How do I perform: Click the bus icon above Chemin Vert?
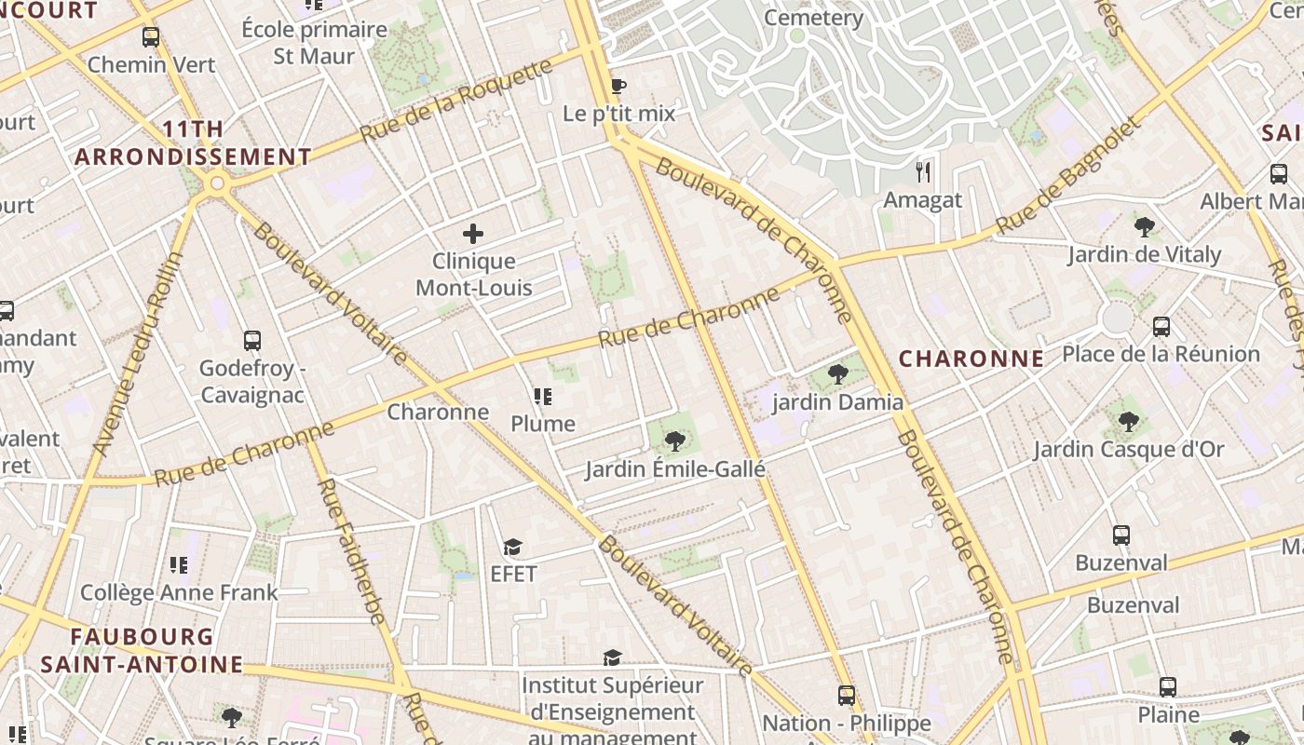(x=150, y=37)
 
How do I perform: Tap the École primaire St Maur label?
(x=314, y=43)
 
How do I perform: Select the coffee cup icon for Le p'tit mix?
(x=618, y=87)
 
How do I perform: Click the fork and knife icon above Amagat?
(x=923, y=171)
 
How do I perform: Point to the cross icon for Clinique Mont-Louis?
(x=473, y=234)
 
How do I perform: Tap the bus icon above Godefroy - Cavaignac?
(x=251, y=341)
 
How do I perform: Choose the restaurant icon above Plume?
(x=543, y=397)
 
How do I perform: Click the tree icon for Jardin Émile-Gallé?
(x=674, y=440)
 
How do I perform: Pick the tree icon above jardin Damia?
(x=838, y=374)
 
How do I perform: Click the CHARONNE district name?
(x=971, y=359)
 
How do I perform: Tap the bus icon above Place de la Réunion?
(x=1161, y=327)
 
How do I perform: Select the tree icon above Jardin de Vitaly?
(x=1144, y=226)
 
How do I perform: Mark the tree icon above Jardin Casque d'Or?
(x=1129, y=421)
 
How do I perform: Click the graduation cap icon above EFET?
(x=512, y=547)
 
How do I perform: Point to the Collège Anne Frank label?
(x=179, y=592)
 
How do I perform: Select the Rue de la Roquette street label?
(x=455, y=102)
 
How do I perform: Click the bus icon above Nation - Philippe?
(x=846, y=696)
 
